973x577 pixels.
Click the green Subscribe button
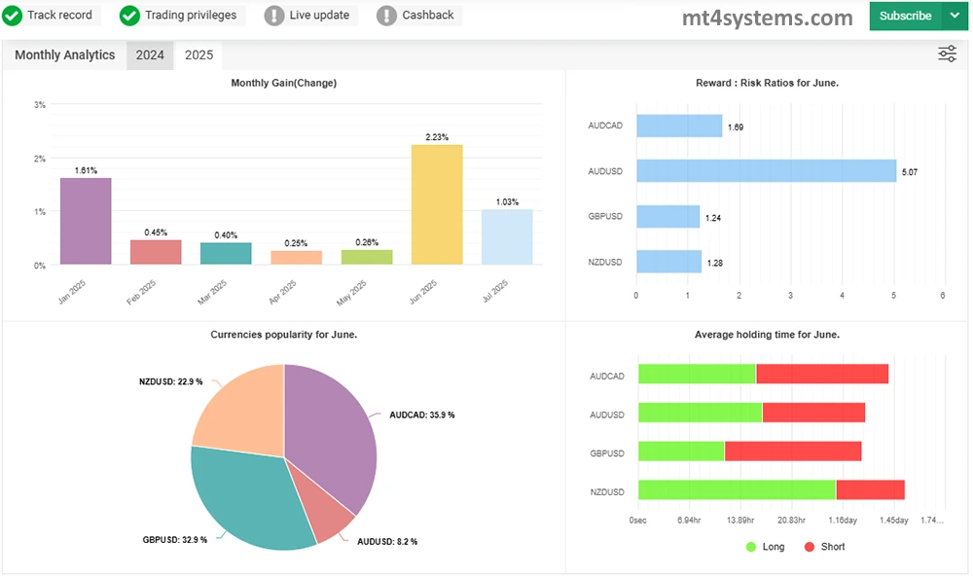pos(905,16)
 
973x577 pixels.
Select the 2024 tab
pos(150,55)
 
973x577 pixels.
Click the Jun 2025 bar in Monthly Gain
pos(437,204)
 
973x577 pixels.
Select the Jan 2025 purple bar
pos(86,221)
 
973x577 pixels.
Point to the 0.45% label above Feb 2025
pos(156,233)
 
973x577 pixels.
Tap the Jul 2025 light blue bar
pos(507,236)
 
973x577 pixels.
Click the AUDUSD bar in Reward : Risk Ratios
pos(766,171)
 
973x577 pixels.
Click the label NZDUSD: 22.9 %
pos(170,382)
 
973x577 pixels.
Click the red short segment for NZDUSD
pos(870,490)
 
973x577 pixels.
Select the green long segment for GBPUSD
pos(681,452)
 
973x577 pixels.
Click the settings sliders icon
pos(947,54)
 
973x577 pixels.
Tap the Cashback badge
pos(417,16)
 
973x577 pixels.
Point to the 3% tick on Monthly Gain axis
pos(40,105)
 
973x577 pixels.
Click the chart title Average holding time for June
pos(767,335)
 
